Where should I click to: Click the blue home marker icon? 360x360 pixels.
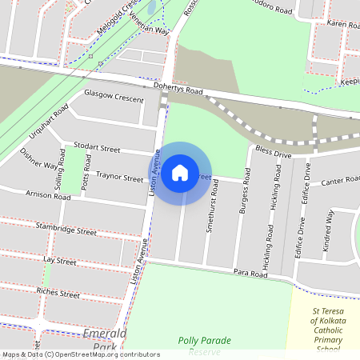180,172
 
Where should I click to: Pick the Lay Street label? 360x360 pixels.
60,261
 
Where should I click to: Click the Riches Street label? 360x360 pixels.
58,294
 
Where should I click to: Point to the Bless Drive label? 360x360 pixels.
273,151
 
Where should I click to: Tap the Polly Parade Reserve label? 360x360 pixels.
205,346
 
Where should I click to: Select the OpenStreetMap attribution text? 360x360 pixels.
80,354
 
